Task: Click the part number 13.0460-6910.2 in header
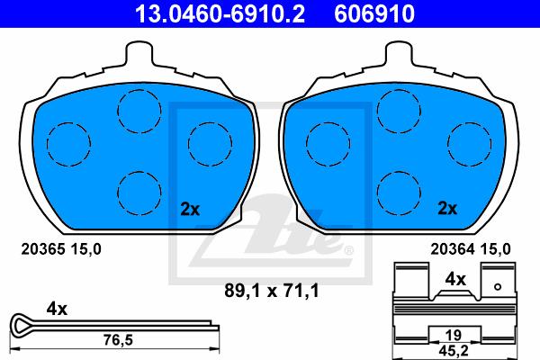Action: coord(220,13)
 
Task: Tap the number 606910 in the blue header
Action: coord(374,13)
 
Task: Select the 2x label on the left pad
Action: coord(190,209)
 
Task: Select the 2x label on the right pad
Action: coord(447,208)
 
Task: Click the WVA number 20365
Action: coord(43,248)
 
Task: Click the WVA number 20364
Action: coord(452,248)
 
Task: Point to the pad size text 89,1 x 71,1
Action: coord(272,291)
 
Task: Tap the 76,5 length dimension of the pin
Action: coord(118,340)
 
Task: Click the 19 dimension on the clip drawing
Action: coord(454,335)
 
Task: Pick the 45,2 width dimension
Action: coord(454,351)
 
